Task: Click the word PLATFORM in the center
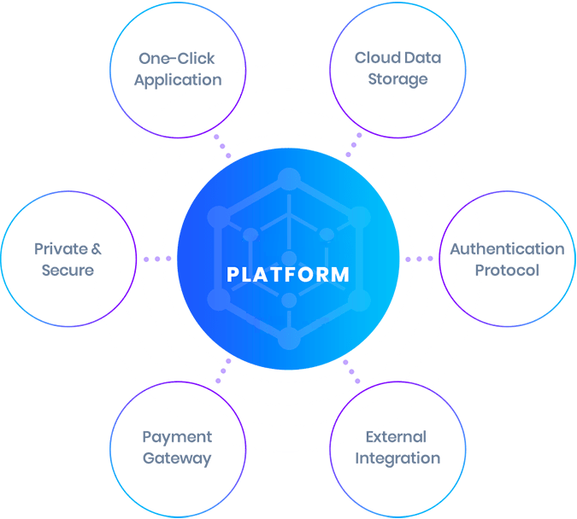pyautogui.click(x=288, y=275)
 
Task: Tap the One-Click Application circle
pyautogui.click(x=178, y=69)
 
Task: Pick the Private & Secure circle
pyautogui.click(x=68, y=259)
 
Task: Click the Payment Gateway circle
pyautogui.click(x=178, y=449)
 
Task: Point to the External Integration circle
pyautogui.click(x=397, y=449)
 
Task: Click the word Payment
pyautogui.click(x=177, y=438)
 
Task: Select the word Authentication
pyautogui.click(x=507, y=249)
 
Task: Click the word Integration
pyautogui.click(x=397, y=459)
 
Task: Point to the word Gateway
pyautogui.click(x=177, y=459)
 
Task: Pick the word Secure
pyautogui.click(x=68, y=270)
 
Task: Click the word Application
pyautogui.click(x=178, y=80)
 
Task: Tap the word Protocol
pyautogui.click(x=507, y=271)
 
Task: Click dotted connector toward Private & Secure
pyautogui.click(x=157, y=259)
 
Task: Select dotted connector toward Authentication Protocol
pyautogui.click(x=419, y=259)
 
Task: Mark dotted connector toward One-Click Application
pyautogui.click(x=222, y=145)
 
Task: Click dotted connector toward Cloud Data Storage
pyautogui.click(x=353, y=145)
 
